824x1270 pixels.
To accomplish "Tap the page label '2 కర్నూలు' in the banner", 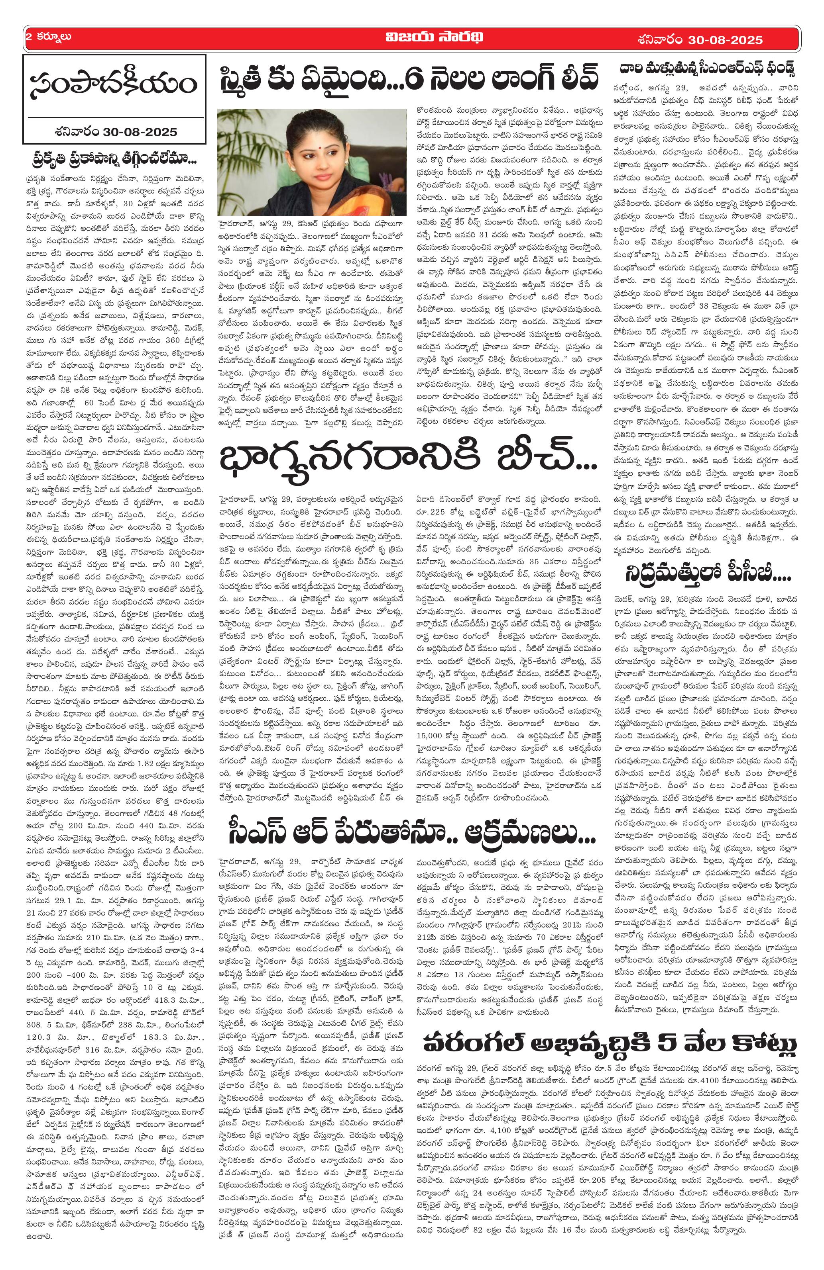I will [x=48, y=38].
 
